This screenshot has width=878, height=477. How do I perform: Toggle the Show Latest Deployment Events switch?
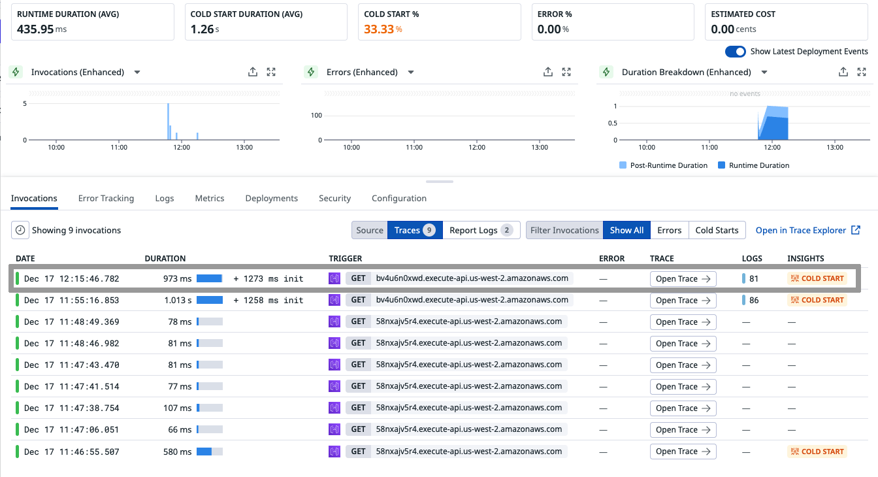click(736, 51)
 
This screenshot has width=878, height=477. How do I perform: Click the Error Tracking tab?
click(106, 198)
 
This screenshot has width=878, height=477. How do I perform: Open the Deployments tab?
click(271, 198)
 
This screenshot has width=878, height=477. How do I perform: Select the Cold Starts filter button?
click(717, 230)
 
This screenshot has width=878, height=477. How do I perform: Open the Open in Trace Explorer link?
click(807, 230)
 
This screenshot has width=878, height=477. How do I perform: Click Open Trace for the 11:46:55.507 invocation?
click(683, 452)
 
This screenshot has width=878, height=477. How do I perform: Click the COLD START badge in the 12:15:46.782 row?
click(817, 278)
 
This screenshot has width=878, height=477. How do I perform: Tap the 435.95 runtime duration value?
click(35, 29)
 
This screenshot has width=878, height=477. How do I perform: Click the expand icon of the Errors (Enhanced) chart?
click(566, 72)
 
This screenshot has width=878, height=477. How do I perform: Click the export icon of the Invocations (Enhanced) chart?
click(253, 72)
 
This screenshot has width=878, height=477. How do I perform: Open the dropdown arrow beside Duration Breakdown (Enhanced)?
click(764, 72)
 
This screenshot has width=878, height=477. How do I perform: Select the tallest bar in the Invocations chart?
click(168, 122)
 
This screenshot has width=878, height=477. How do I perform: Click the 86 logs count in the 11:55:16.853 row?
click(753, 300)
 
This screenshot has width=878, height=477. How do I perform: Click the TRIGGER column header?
click(345, 258)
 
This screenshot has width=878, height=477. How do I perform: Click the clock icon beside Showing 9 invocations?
click(20, 230)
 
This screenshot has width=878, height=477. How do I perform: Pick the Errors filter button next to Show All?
click(669, 230)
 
